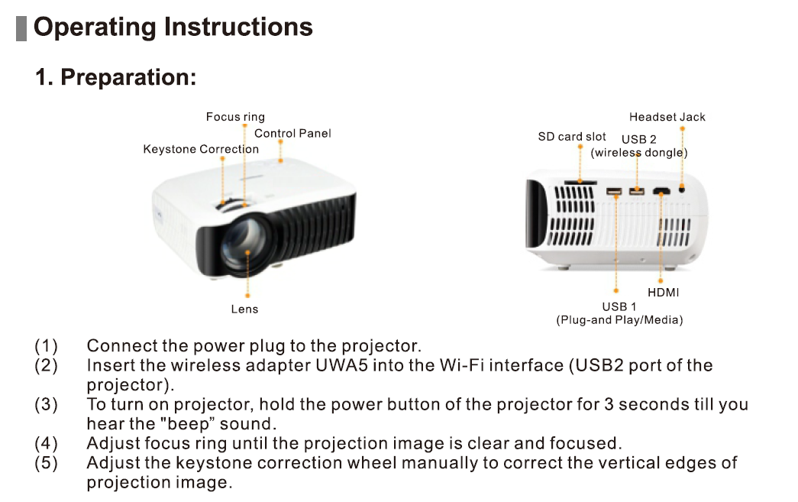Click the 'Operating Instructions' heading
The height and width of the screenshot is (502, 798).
173,27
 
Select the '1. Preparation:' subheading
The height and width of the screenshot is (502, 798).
116,77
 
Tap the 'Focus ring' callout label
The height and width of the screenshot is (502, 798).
235,117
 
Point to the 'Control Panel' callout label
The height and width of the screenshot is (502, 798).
292,133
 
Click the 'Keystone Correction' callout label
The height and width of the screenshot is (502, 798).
201,149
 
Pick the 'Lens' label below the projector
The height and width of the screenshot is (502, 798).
244,309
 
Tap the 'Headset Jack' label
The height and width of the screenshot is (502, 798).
667,117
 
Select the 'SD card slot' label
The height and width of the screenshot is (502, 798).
572,137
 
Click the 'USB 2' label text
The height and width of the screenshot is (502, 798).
638,139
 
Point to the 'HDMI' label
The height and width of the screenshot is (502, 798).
663,292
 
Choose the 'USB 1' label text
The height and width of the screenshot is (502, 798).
619,306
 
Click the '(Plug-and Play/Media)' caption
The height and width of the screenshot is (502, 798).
619,320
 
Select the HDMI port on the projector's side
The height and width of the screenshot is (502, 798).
661,191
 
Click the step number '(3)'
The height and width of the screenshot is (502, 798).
46,404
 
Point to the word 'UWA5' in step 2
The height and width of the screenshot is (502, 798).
341,365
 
